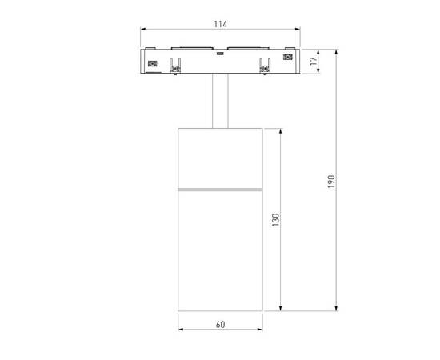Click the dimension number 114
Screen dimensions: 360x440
pyautogui.click(x=219, y=24)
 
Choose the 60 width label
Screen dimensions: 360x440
pyautogui.click(x=220, y=325)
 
